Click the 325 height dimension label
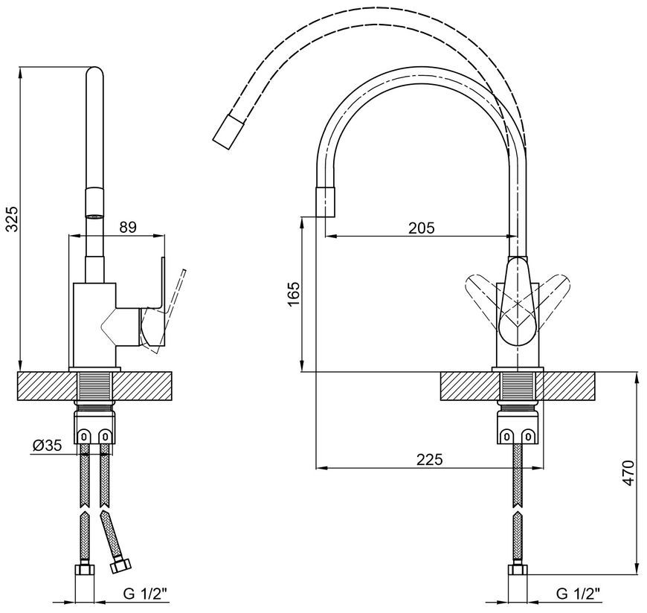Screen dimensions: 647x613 coord(13,219)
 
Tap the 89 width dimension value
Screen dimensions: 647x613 coord(128,228)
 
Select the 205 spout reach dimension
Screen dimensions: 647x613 coord(421,228)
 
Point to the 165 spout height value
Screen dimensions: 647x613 coord(293,294)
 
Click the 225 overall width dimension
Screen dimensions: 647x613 coord(429,460)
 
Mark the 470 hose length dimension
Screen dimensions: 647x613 coord(627,472)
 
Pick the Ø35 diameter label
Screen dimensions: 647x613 coord(47,446)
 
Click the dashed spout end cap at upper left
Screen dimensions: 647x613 coord(228,132)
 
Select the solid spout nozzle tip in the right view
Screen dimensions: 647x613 coord(325,202)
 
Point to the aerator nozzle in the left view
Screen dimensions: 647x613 coord(94,205)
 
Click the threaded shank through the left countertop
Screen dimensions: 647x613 coord(94,386)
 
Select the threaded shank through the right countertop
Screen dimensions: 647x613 coord(518,386)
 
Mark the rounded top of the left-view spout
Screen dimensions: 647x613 coord(94,73)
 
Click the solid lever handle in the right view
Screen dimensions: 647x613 coord(518,301)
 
